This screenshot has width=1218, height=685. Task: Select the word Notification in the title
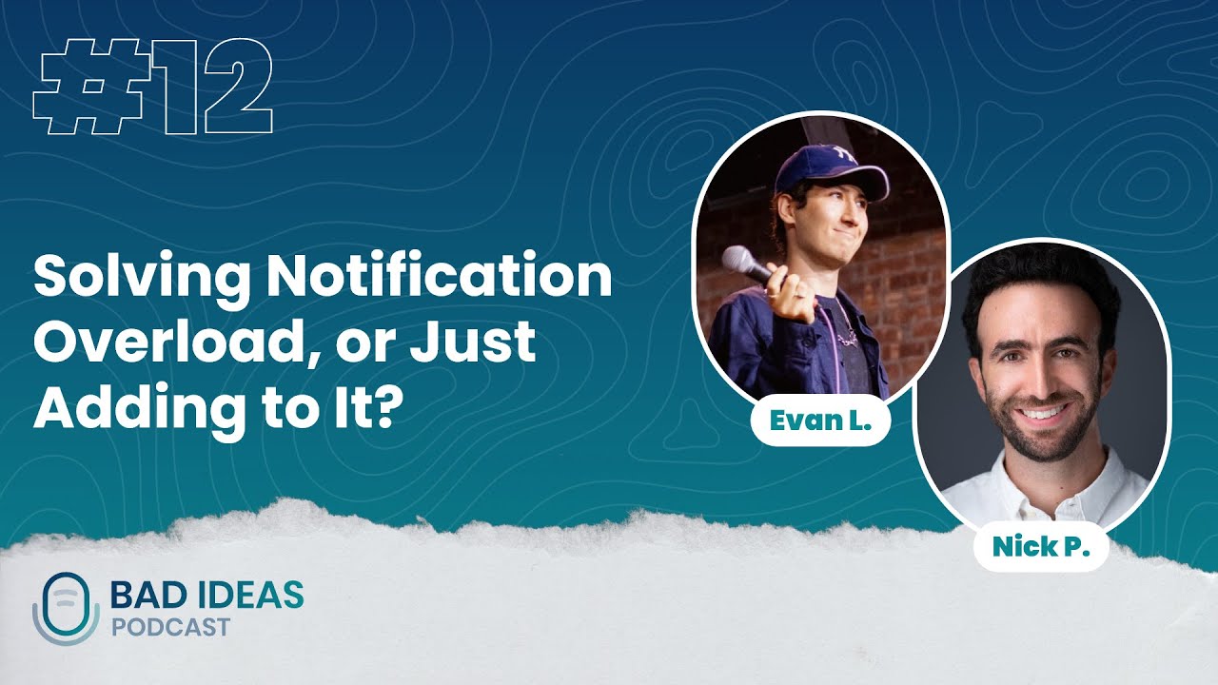tap(439, 278)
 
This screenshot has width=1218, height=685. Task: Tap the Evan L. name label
tap(820, 422)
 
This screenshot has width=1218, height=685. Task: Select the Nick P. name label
tap(1040, 547)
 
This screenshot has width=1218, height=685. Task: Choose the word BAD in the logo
tap(142, 596)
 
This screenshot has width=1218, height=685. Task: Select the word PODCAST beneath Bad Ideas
tap(170, 628)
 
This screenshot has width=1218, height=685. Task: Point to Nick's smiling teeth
tap(1044, 413)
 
